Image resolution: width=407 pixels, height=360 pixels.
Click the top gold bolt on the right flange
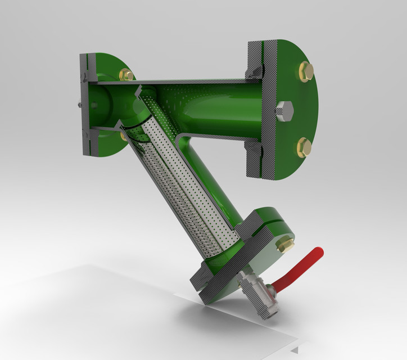[306, 71]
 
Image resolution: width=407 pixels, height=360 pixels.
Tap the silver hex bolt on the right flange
[284, 111]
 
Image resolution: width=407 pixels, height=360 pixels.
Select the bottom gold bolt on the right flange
[304, 147]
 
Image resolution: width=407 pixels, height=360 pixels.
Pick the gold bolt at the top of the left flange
[126, 74]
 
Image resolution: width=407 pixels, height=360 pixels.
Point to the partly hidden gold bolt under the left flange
[123, 136]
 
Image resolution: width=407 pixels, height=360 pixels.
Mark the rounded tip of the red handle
[319, 252]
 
